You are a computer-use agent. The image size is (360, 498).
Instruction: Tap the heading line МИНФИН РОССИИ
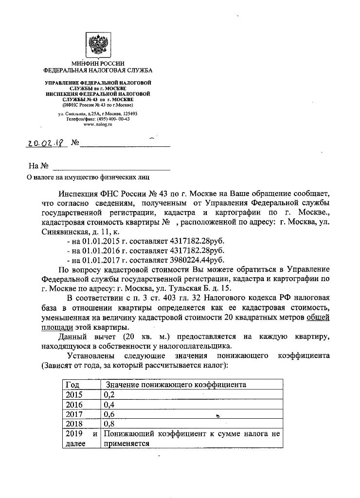click(x=98, y=64)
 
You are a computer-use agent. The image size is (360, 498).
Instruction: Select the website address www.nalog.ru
click(x=98, y=124)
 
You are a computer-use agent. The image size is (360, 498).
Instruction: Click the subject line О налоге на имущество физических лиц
click(x=88, y=177)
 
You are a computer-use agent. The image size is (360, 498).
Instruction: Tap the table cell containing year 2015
click(x=74, y=394)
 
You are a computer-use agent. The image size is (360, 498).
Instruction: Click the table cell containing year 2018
click(x=74, y=424)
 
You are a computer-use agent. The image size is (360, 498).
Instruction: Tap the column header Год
click(x=72, y=385)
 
